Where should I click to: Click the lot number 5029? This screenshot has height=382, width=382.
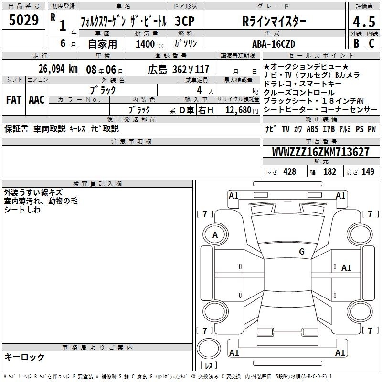click(23, 20)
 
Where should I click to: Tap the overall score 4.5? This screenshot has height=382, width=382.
click(364, 22)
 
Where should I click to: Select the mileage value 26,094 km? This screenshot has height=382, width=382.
click(58, 69)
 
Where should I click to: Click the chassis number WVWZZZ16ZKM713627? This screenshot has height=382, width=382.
click(320, 152)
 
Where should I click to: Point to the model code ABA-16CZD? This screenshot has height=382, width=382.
click(274, 44)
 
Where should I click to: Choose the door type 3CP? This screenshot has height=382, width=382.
click(185, 21)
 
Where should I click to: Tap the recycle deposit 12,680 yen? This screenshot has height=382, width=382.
click(242, 110)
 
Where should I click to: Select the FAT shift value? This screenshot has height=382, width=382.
click(14, 100)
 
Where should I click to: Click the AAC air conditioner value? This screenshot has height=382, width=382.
click(37, 100)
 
